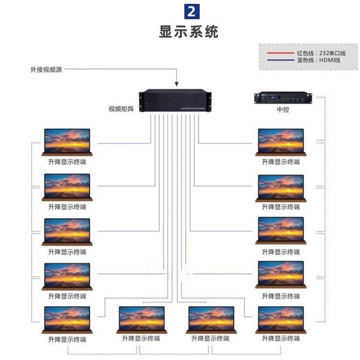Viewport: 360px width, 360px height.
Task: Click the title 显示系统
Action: click(x=189, y=32)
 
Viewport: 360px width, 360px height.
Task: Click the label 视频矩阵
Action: click(x=121, y=109)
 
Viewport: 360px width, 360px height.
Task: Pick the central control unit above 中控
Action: click(x=283, y=97)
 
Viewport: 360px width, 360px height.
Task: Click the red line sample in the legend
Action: click(x=280, y=53)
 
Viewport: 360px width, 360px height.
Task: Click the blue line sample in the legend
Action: click(x=280, y=60)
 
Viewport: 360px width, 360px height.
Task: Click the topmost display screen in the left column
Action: click(x=67, y=141)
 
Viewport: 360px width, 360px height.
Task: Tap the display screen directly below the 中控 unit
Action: click(x=281, y=141)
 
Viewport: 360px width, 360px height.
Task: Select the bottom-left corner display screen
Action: click(x=67, y=319)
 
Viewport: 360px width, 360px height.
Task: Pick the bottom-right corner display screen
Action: click(x=281, y=319)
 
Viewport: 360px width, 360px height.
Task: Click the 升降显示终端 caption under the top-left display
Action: click(x=67, y=162)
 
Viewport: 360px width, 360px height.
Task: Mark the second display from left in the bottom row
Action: click(x=142, y=319)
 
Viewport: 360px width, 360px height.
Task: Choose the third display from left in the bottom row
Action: click(x=211, y=319)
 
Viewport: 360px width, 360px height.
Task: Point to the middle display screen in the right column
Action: click(x=281, y=230)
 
